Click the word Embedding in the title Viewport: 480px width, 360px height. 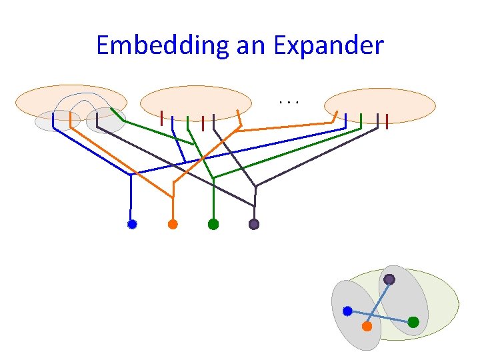[163, 46]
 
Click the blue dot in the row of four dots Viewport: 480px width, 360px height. [132, 225]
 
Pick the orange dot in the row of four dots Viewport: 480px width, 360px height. [173, 225]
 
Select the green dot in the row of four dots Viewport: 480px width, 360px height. [213, 225]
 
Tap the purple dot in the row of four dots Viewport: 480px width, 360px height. [254, 225]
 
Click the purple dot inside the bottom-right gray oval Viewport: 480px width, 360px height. [389, 279]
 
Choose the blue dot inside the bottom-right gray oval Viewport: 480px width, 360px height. [347, 311]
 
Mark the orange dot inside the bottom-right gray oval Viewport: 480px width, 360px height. [367, 327]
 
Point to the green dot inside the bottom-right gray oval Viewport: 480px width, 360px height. [413, 322]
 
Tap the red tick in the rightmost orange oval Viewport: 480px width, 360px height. [387, 120]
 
